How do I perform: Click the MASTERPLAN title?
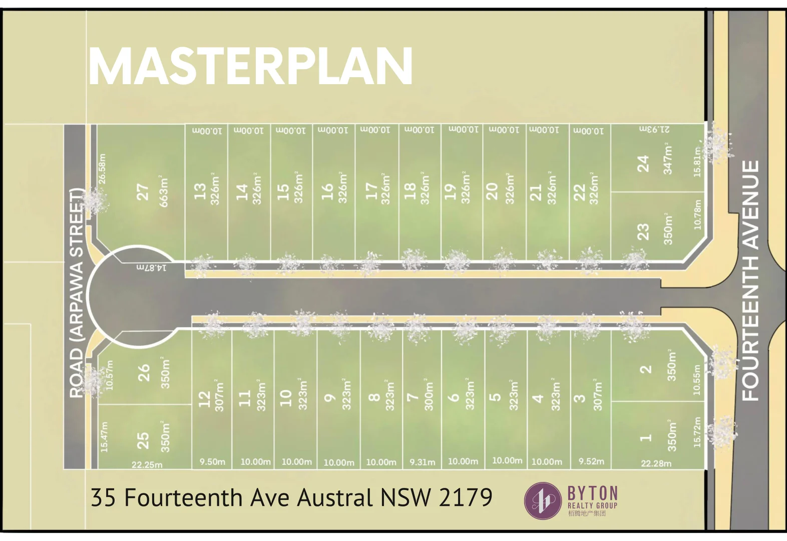[x=250, y=67]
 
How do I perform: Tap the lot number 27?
[x=143, y=192]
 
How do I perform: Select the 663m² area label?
[x=164, y=191]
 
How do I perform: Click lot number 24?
[x=643, y=163]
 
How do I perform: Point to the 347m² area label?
[x=667, y=159]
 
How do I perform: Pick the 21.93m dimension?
[x=654, y=129]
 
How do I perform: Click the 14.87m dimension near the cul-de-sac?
[x=152, y=267]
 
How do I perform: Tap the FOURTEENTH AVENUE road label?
[x=750, y=280]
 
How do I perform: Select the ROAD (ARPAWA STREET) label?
[x=76, y=293]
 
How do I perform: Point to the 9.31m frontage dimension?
[x=422, y=462]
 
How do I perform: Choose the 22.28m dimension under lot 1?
[x=656, y=463]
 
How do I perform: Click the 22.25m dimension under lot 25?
[x=147, y=465]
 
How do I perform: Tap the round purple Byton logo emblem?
[x=543, y=500]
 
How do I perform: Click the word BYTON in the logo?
[x=593, y=493]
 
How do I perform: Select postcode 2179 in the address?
[x=466, y=497]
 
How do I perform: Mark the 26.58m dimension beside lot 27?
[x=102, y=169]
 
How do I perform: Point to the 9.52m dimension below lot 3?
[x=591, y=461]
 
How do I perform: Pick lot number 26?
[x=144, y=373]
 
